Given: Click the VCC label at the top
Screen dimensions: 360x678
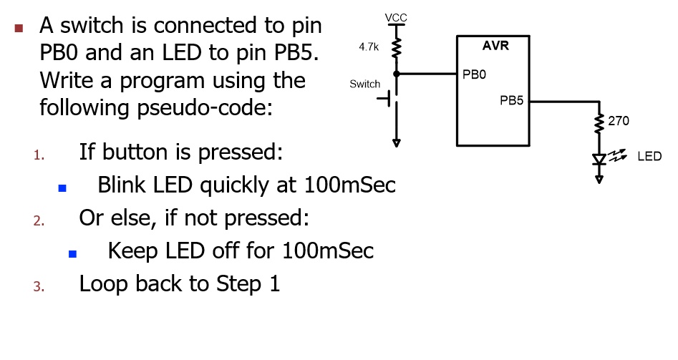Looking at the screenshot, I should click(x=395, y=16).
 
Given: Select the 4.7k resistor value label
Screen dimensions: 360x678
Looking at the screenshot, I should click(x=368, y=47).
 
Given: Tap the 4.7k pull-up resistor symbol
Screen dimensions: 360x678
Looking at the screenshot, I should click(x=395, y=48).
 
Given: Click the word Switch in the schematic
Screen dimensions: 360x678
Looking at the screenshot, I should click(x=364, y=84).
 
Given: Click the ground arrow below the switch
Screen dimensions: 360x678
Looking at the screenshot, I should click(x=395, y=142).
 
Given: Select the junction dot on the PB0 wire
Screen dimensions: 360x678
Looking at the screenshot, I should click(x=395, y=73).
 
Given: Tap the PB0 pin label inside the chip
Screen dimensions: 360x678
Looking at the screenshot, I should click(x=474, y=74).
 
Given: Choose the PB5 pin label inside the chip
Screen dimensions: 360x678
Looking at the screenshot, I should click(x=512, y=101).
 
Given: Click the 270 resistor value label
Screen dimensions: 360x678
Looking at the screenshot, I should click(x=619, y=121).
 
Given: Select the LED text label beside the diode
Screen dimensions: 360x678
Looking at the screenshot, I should click(x=649, y=156).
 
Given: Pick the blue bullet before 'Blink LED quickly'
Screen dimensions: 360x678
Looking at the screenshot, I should click(x=62, y=188).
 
